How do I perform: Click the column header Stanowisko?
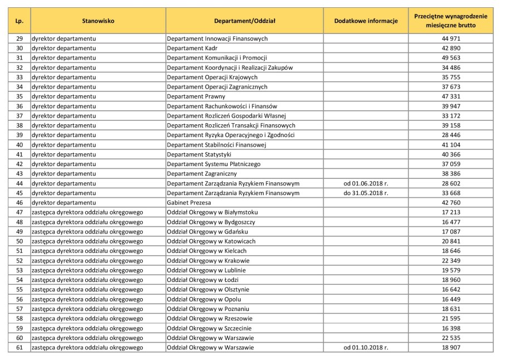[x=98, y=21]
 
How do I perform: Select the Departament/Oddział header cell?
[x=245, y=21]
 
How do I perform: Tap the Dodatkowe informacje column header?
[x=366, y=21]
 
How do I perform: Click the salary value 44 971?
[x=450, y=38]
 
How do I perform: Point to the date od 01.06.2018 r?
[x=366, y=183]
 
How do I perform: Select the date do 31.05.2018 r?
[x=366, y=193]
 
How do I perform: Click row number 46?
[x=19, y=203]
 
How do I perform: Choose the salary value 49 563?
[x=450, y=58]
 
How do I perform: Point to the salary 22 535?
[x=450, y=338]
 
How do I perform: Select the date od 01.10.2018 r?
[x=366, y=348]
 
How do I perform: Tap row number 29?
[x=19, y=38]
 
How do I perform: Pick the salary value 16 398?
[x=450, y=328]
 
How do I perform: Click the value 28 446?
[x=450, y=135]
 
